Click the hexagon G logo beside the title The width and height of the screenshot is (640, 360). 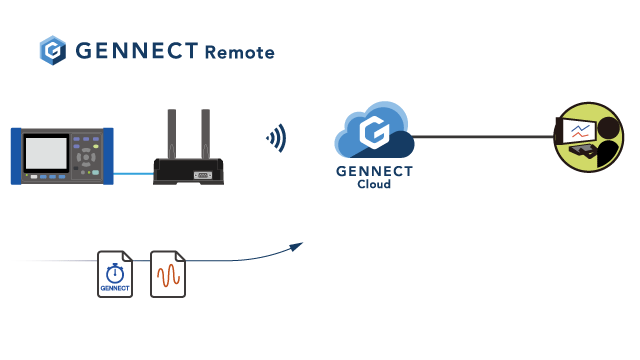pos(52,51)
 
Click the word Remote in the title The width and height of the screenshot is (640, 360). pos(239,52)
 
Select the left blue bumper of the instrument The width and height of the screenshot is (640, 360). pos(16,156)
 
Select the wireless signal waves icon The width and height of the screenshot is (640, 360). pos(275,137)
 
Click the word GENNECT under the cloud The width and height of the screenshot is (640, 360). pos(374,171)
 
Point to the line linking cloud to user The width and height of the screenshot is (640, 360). pos(480,137)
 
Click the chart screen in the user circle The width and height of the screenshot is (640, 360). pos(579,131)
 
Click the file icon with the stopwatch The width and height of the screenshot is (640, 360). pos(115,274)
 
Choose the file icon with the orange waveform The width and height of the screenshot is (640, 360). pos(168,274)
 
